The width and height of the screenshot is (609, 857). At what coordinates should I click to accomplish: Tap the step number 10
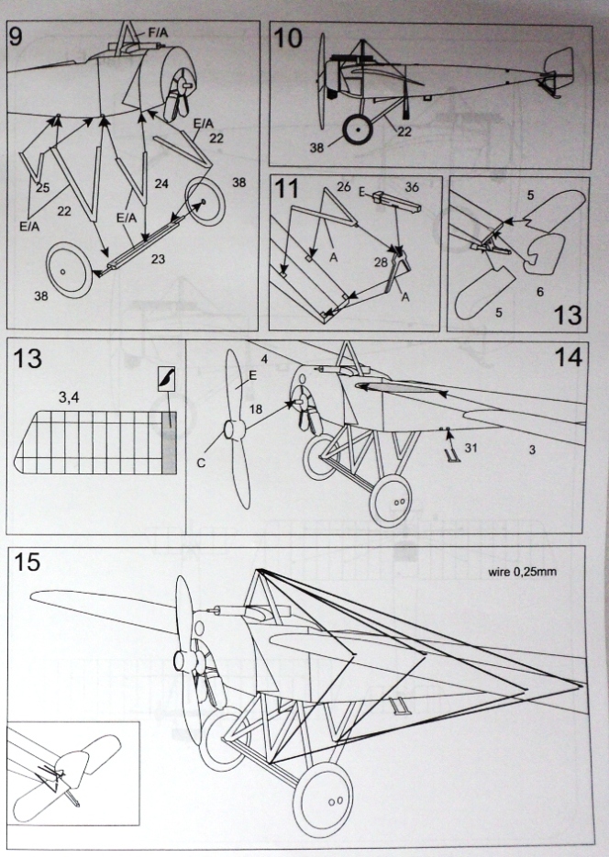(x=287, y=39)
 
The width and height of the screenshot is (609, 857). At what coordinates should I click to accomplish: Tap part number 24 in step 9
(x=161, y=184)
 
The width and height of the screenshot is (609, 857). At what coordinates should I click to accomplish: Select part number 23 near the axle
(x=158, y=259)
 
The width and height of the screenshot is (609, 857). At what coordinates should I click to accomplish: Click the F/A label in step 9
(x=159, y=31)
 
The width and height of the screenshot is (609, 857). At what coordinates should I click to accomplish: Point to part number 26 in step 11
(x=344, y=187)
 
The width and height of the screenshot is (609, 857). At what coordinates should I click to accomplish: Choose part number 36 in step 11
(x=412, y=187)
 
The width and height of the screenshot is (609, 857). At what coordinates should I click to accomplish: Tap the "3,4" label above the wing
(x=69, y=397)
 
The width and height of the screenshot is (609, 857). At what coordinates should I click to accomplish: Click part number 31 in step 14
(x=471, y=447)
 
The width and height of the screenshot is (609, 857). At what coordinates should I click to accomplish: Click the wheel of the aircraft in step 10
(x=356, y=131)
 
